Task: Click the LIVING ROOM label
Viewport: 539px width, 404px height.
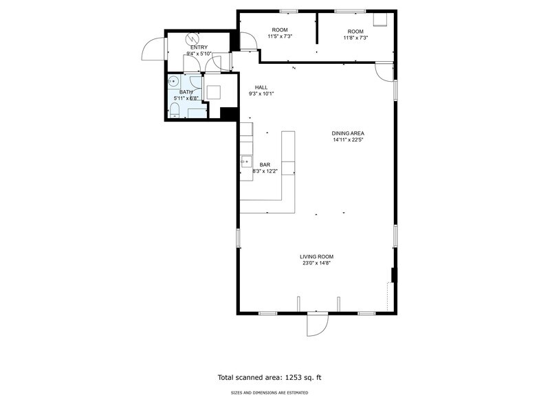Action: point(316,257)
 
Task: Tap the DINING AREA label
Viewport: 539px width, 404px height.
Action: point(348,133)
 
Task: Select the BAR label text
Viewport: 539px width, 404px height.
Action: point(265,165)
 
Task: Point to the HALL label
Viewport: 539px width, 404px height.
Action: point(261,88)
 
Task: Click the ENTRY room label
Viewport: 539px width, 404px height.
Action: point(199,47)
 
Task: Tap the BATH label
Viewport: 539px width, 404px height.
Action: point(186,92)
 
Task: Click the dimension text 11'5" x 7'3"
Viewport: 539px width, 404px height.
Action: point(280,36)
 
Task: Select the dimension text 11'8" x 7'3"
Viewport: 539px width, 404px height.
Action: point(356,38)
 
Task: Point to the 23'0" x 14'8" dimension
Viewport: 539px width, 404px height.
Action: point(316,263)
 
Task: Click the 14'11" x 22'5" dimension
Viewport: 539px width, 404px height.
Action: point(348,140)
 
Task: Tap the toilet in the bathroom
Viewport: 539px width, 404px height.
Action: point(175,110)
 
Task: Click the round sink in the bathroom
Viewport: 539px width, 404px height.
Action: point(173,82)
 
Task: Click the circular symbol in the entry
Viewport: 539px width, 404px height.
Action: point(191,38)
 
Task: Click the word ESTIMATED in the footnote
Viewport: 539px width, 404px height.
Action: point(300,393)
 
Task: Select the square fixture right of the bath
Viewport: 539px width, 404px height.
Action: point(213,92)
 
